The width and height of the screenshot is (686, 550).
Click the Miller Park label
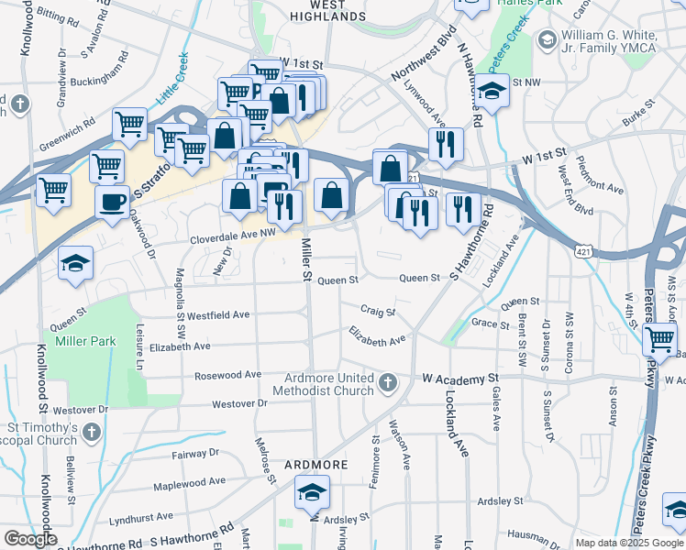point(85,341)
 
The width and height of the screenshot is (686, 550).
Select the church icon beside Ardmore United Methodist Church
point(388,381)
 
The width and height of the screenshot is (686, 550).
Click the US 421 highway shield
point(581,249)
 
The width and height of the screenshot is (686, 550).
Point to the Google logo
point(29,539)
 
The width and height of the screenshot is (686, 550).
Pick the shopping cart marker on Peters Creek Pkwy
point(659,338)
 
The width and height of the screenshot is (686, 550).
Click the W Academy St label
point(459,378)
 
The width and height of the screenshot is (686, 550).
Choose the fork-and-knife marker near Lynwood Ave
point(446,143)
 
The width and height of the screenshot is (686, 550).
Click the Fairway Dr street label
point(195,453)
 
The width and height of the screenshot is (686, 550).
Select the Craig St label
point(377,312)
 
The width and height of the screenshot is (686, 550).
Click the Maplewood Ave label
point(189,483)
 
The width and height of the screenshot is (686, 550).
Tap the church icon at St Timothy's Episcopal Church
point(91,431)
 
